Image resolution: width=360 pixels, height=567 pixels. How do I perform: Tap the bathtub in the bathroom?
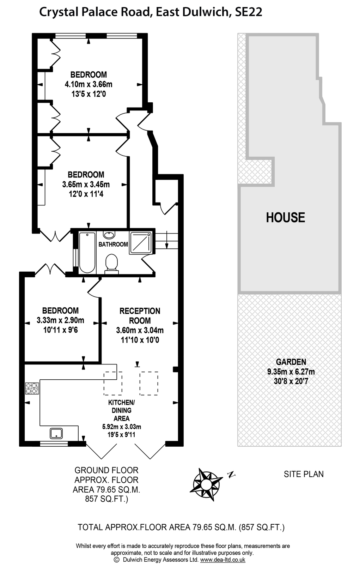coord(87,252)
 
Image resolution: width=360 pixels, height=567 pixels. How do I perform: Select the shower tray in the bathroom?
coord(140,243)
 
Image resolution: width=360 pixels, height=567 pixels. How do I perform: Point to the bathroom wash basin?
coord(110,235)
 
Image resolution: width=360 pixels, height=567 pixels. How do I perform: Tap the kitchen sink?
coord(56,433)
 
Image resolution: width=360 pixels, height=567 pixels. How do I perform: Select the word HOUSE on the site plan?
coord(285,217)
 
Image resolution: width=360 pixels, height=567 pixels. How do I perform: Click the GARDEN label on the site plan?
coord(291,362)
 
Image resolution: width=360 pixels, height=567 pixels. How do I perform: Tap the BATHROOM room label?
coord(113,244)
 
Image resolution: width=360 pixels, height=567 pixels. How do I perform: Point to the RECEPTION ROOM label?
coord(140,316)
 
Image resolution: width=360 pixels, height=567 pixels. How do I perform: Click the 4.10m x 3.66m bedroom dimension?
coord(89,84)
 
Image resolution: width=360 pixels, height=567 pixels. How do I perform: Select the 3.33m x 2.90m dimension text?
coord(60,320)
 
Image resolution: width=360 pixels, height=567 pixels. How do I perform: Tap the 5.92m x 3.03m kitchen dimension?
coord(122,427)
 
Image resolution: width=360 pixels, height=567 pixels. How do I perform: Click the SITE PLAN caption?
coord(304,474)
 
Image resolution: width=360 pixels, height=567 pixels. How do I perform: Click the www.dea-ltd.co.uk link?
coord(222,560)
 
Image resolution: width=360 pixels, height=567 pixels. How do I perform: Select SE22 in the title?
coord(249,12)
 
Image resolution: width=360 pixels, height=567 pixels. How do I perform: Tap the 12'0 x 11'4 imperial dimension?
coord(86,194)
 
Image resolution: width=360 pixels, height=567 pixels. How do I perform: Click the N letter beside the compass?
coord(231,474)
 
